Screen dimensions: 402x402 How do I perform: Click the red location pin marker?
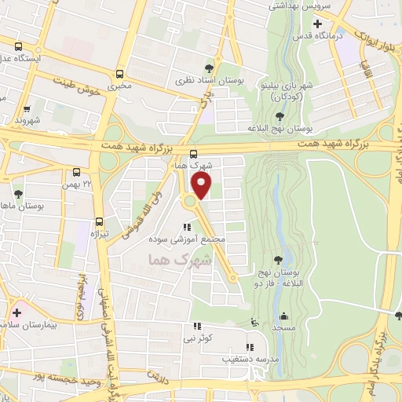click(x=202, y=185)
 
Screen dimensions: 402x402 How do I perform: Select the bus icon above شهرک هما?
click(x=193, y=154)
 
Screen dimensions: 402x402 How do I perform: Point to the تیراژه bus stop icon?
click(x=99, y=221)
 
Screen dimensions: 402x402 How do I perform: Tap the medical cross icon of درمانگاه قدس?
click(x=316, y=24)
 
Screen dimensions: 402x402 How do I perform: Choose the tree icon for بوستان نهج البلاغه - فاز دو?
click(x=278, y=258)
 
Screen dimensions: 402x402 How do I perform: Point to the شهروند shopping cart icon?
click(x=26, y=109)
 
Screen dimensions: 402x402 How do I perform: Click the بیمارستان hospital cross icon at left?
click(x=16, y=312)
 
